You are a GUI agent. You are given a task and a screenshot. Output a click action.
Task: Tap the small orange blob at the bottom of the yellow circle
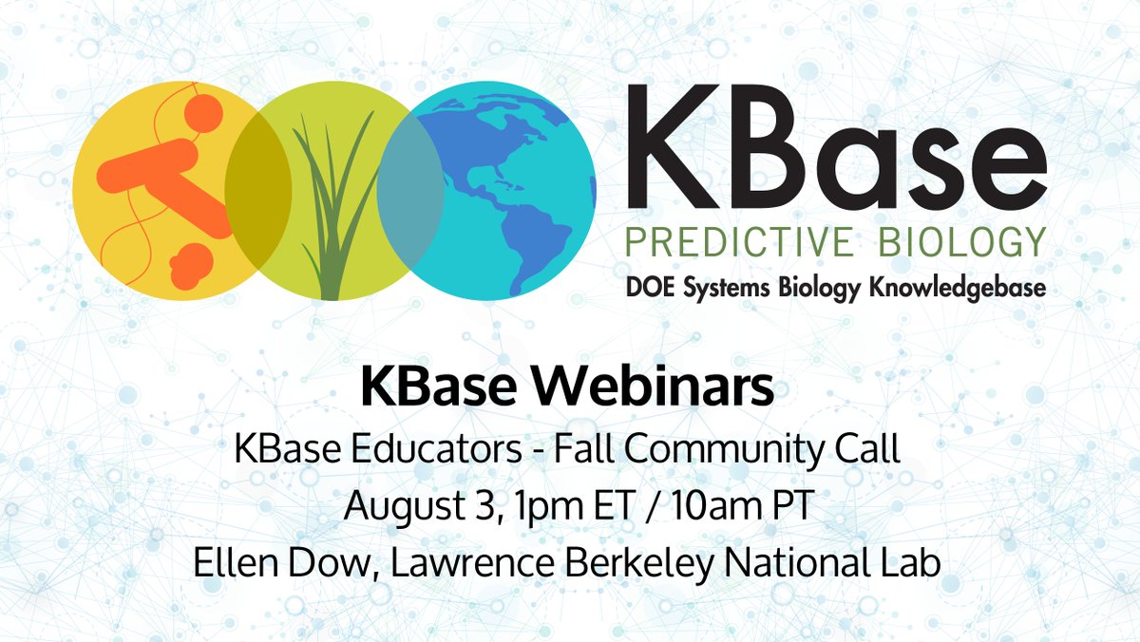(x=191, y=262)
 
